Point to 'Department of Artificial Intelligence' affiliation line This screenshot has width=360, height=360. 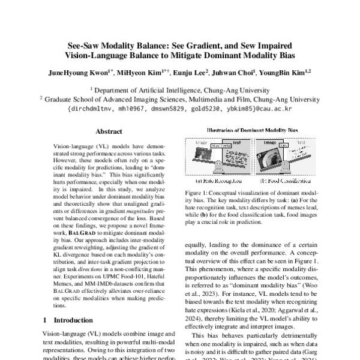[x=180, y=89]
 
